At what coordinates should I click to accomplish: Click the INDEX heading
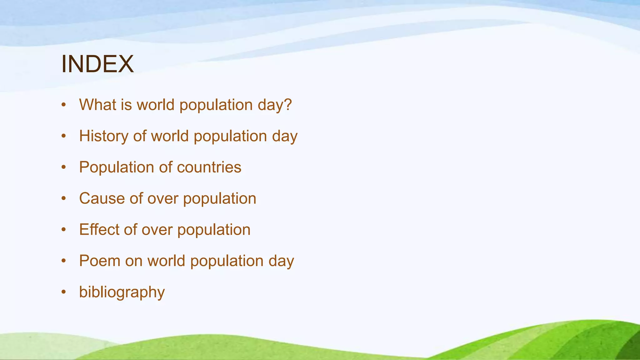(97, 64)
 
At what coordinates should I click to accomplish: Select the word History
(103, 136)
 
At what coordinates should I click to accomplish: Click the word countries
(209, 167)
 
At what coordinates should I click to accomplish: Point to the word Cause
(102, 198)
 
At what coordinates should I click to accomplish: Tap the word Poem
(100, 261)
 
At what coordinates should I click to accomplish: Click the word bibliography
(122, 292)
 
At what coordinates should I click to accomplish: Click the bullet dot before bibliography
(64, 292)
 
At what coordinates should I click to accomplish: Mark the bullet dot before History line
(64, 136)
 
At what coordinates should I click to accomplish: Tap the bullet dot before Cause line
(64, 198)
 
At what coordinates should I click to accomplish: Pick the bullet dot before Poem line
(64, 261)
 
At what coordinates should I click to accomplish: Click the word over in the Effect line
(157, 230)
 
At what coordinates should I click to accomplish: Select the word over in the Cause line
(163, 199)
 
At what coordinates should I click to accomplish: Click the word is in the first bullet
(126, 104)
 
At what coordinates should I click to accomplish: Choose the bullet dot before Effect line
(64, 230)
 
